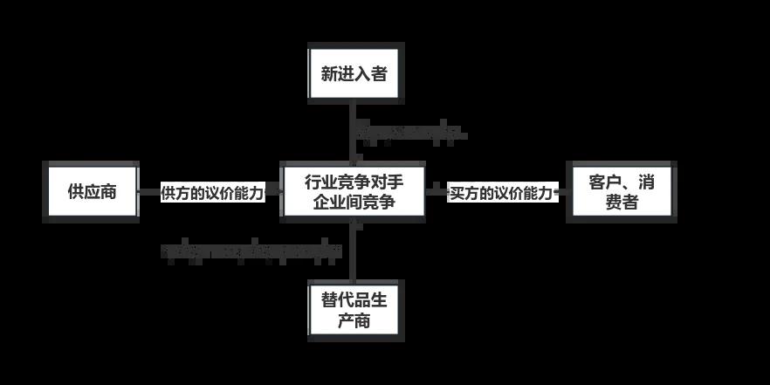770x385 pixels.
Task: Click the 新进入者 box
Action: [x=354, y=73]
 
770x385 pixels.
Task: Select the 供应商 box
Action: [x=92, y=192]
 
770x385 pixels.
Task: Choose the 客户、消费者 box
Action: [x=621, y=192]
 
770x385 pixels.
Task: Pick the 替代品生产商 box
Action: [x=354, y=310]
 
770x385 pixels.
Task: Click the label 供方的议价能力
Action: [x=212, y=193]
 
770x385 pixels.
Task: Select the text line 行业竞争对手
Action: [x=353, y=182]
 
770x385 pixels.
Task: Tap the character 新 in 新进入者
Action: [x=329, y=74]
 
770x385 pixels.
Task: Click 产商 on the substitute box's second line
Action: [x=354, y=320]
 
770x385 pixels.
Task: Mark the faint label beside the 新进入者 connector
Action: [x=410, y=134]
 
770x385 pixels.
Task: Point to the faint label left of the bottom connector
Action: [x=254, y=251]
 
